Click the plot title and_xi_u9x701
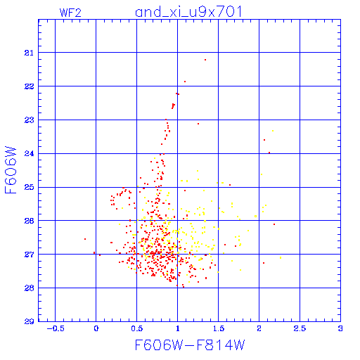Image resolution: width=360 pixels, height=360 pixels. pos(188,12)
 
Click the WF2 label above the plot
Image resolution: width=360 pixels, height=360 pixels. pos(70,13)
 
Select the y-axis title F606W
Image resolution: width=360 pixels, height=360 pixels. pos(11,170)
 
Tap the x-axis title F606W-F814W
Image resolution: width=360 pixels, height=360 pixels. pos(190,345)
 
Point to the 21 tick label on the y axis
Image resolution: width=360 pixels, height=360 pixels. pos(29,53)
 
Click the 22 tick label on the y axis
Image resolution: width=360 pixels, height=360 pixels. pos(29,86)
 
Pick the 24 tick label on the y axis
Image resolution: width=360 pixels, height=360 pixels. pos(29,154)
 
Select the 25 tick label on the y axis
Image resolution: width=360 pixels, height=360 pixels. pos(29,187)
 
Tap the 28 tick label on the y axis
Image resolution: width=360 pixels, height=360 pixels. pos(29,288)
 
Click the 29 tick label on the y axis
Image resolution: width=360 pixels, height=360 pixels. pos(29,321)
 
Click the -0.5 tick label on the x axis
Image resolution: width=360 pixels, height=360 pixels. pos(56,328)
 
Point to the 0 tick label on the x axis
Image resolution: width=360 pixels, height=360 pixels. pos(96,328)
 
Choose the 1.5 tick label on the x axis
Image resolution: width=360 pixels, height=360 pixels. pos(219,328)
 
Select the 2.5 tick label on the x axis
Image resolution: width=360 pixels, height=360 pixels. pos(300,328)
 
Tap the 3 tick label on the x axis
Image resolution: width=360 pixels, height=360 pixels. pos(340,328)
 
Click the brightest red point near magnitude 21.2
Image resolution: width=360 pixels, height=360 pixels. pos(205,60)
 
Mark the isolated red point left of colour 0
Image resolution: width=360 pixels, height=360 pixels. pos(85,239)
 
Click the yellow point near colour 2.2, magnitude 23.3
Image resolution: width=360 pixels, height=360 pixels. pos(273,131)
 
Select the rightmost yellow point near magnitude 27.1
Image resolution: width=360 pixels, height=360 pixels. pos(281,258)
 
